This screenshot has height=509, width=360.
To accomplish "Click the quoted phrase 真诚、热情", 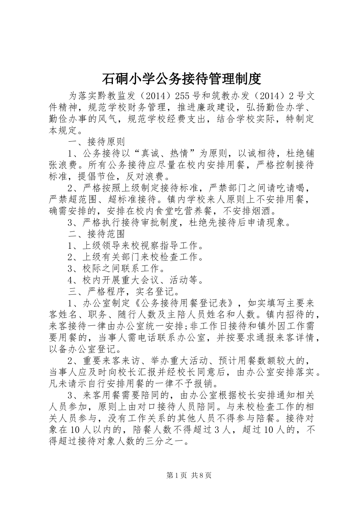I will click(164, 153).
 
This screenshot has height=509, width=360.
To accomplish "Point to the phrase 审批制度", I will click(163, 222).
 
